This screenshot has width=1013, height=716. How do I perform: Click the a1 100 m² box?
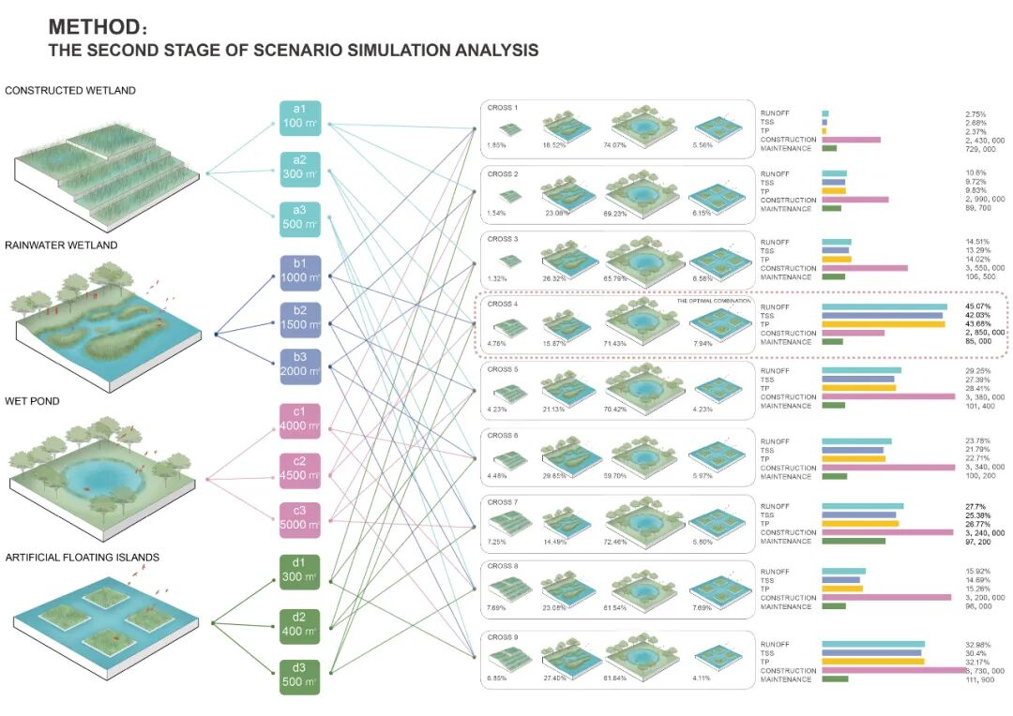300,116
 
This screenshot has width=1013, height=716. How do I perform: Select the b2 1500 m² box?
300,319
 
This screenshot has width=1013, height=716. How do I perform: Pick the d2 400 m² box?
300,627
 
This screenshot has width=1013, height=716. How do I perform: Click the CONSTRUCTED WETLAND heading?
70,91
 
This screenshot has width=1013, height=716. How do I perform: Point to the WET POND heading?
33,401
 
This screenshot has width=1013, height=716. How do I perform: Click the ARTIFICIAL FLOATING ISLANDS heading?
83,558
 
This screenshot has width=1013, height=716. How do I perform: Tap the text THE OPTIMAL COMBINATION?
713,300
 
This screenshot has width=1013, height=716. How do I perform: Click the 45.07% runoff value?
966,306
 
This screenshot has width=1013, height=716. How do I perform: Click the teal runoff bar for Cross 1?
825,113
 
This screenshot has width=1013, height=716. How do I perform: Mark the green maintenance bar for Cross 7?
854,541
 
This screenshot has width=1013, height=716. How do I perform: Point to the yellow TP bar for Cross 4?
883,324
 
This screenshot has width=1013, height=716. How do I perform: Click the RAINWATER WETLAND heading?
61,246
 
